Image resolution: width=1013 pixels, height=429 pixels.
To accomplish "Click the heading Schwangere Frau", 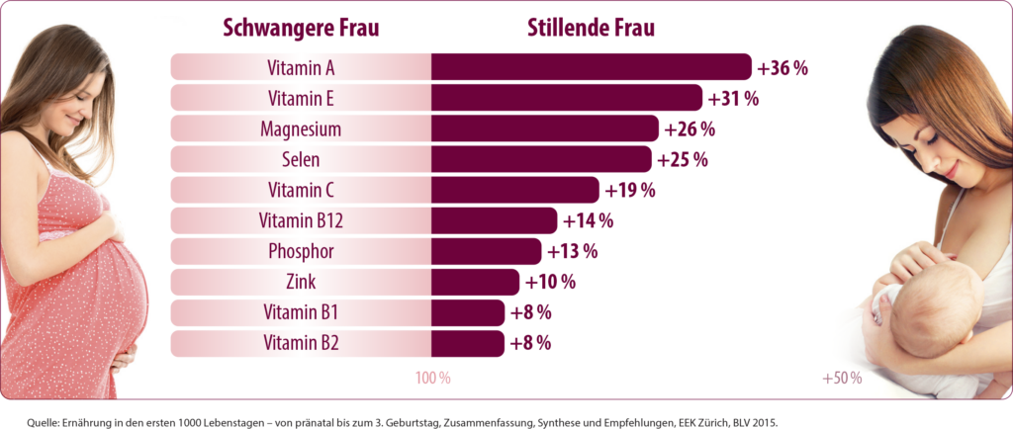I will click(300, 28).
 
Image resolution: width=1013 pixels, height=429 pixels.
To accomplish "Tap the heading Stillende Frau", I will click(590, 28).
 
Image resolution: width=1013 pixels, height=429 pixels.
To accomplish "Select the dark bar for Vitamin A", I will click(591, 67).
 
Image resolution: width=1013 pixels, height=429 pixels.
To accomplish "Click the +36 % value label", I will click(783, 68).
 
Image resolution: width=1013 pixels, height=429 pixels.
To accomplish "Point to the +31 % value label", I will click(733, 99).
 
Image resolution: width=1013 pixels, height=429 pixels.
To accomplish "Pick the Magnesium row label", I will click(301, 129).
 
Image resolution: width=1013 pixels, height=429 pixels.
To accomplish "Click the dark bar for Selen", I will click(541, 159).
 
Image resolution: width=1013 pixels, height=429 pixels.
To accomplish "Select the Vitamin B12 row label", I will click(301, 220).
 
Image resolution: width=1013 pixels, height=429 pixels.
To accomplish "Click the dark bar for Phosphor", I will click(486, 251).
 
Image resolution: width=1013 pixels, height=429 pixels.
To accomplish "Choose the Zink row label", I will click(301, 282).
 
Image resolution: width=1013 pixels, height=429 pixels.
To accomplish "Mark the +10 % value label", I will click(549, 283).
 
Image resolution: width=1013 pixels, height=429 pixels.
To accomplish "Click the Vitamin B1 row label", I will click(301, 312).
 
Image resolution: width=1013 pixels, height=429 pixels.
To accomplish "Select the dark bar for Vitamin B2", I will click(467, 343).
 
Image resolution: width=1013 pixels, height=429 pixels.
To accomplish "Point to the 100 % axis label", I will click(432, 379).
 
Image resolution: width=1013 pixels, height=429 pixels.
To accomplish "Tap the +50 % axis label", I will click(841, 379).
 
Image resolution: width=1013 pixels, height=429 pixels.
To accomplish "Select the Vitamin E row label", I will click(301, 99).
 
